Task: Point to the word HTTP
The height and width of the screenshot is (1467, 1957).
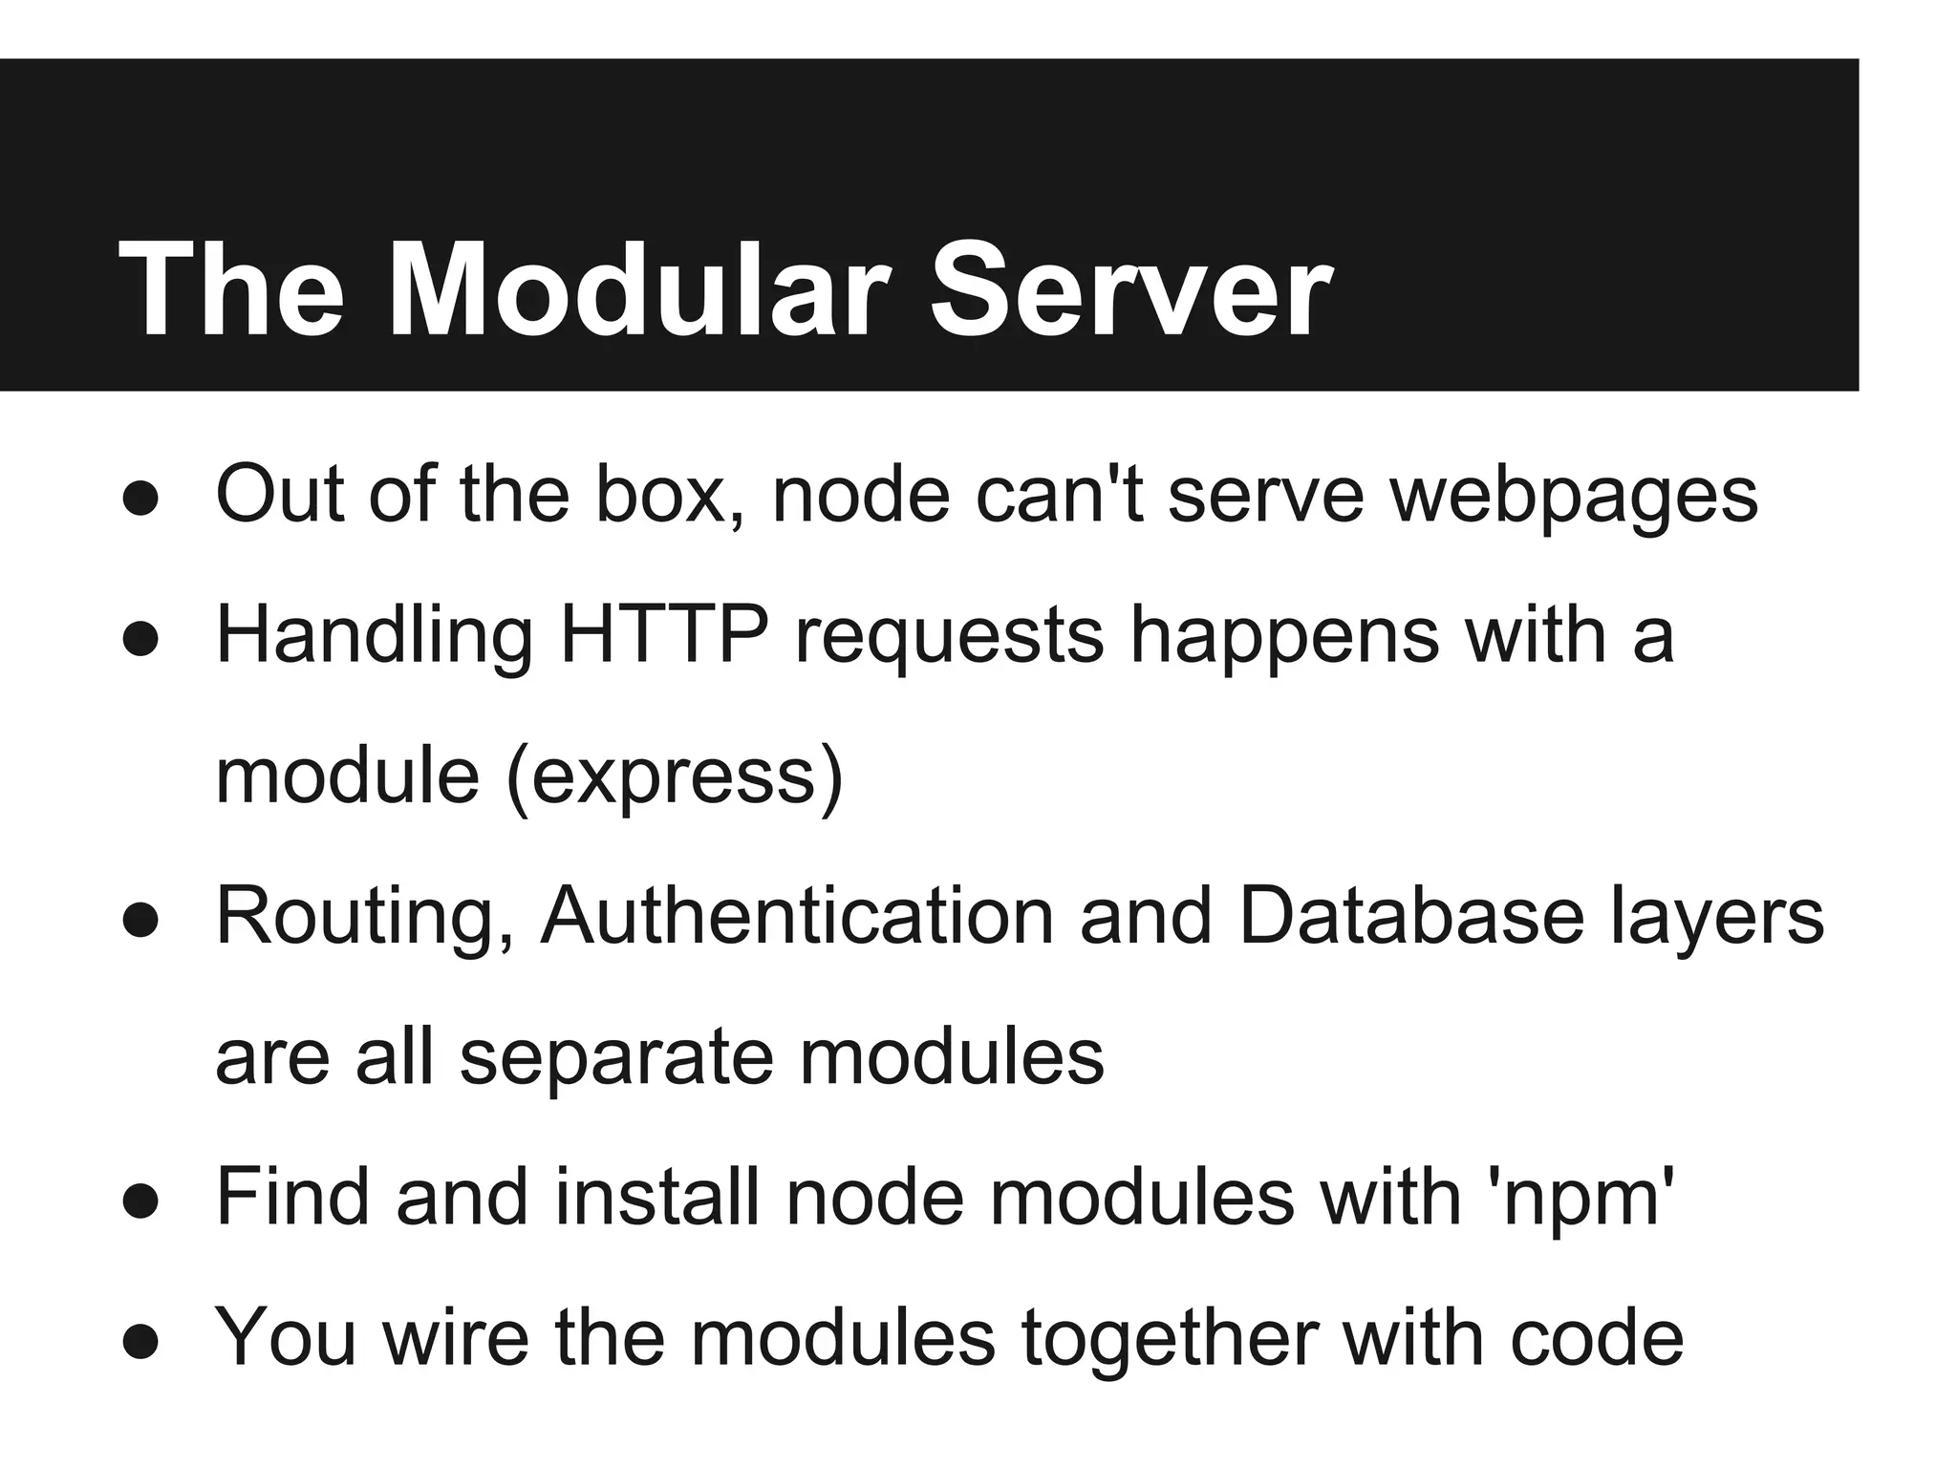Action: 664,634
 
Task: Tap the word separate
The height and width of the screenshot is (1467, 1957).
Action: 616,1058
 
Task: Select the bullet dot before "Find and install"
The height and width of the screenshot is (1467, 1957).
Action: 140,1202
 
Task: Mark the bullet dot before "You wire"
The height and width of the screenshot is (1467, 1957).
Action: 140,1342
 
